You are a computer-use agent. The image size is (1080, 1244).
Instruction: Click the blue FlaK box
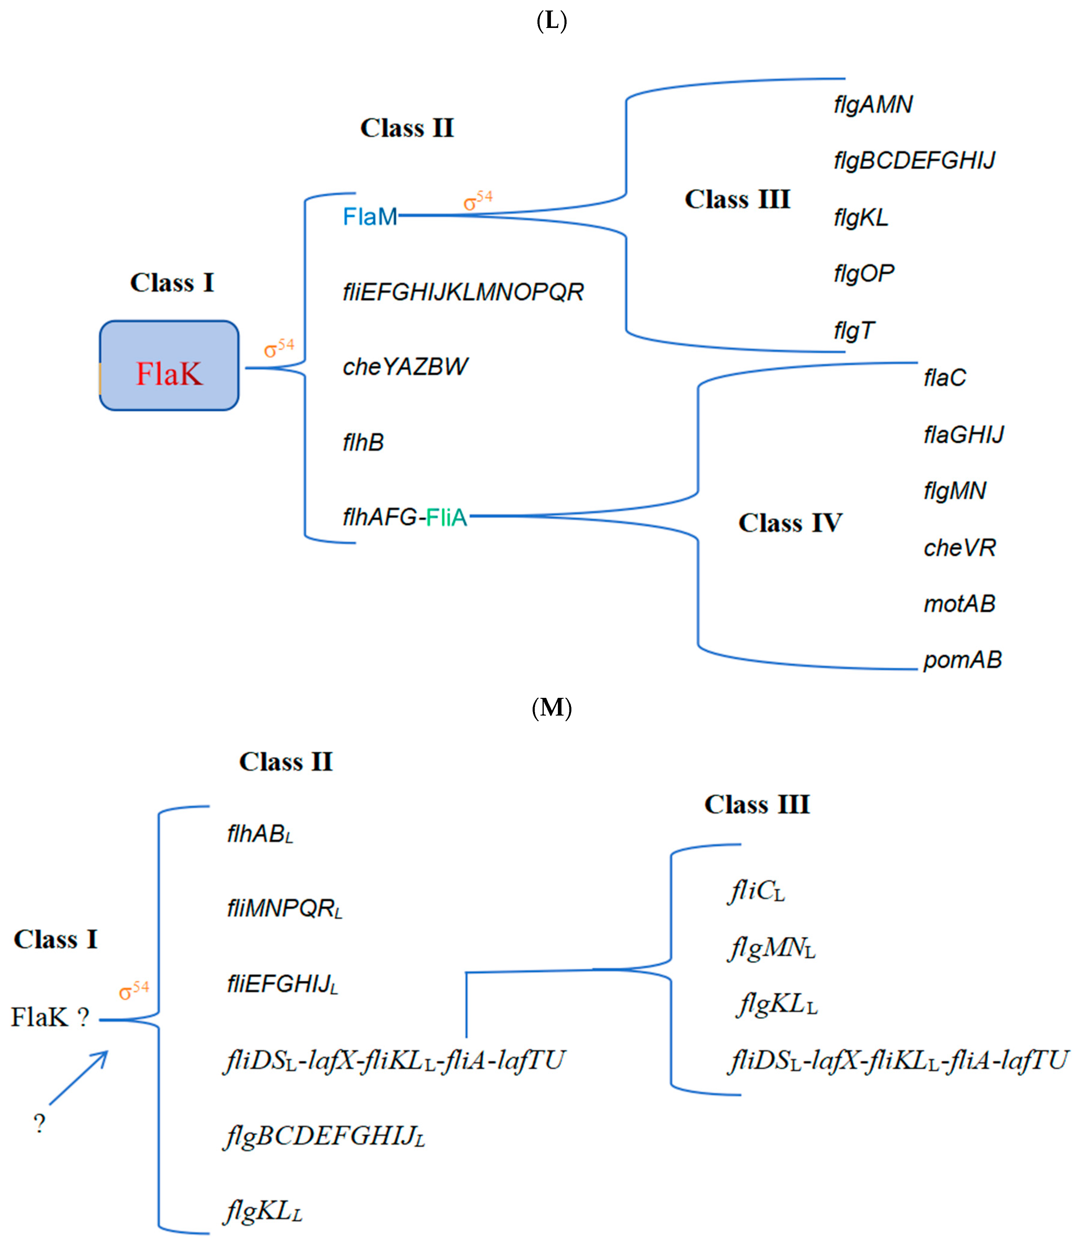pos(169,366)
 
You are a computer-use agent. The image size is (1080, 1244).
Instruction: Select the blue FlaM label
pos(370,216)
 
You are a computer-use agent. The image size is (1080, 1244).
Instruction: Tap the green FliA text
pos(447,517)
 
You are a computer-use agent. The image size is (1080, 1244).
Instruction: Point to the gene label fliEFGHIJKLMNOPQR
pos(463,292)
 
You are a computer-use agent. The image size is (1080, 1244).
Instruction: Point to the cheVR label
pos(960,548)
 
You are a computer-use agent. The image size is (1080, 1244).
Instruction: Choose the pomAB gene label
pos(963,660)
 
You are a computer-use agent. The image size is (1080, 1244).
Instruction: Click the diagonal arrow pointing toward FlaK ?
pos(78,1078)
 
